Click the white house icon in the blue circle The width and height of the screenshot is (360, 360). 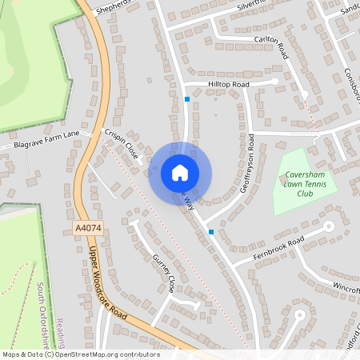coord(179,173)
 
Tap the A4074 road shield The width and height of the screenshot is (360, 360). coord(88,229)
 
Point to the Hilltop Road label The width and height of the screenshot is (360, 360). coord(229,83)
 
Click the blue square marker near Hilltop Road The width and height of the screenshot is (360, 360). coord(187,99)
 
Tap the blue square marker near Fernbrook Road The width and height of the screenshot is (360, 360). coord(211,232)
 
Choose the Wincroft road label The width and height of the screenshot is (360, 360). coord(346,285)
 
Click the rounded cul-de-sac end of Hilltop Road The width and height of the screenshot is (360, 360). coord(275,81)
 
